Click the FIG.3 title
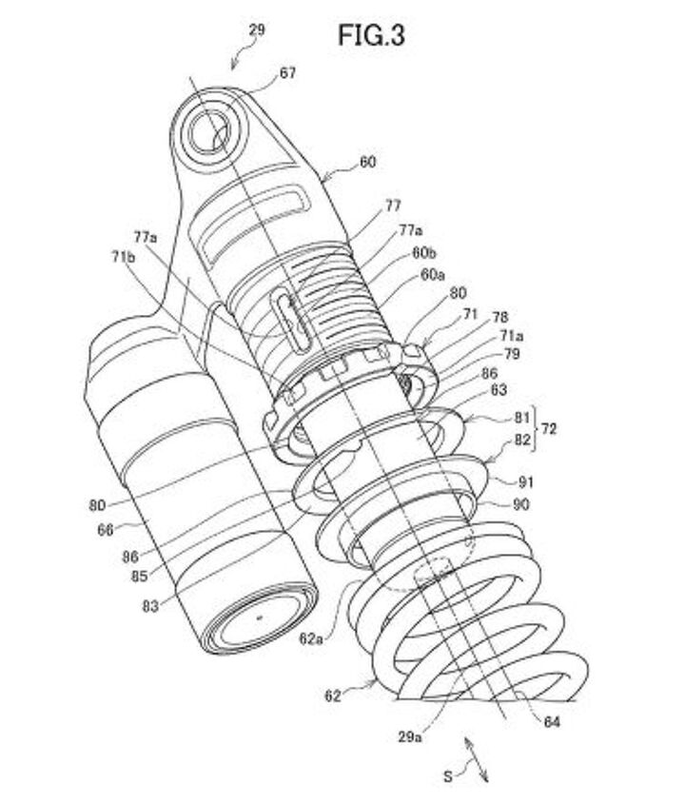[371, 35]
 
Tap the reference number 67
[287, 73]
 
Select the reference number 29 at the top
[258, 30]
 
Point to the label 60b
[423, 253]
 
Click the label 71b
[123, 256]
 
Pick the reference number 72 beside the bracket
[548, 429]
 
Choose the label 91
[525, 482]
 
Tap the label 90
[521, 505]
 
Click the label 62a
[311, 639]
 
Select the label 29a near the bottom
[410, 737]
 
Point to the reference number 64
[552, 722]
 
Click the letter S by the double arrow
[448, 776]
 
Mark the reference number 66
[105, 530]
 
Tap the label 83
[150, 607]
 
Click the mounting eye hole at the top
[209, 131]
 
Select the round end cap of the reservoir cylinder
[258, 618]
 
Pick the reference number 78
[499, 318]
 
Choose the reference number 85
[139, 577]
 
